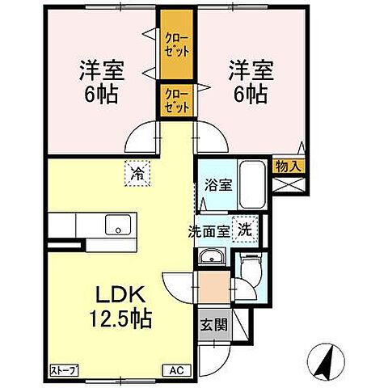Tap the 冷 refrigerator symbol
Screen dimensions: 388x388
click(x=138, y=172)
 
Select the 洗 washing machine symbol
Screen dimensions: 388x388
click(x=243, y=229)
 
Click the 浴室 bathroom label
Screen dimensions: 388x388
click(x=217, y=184)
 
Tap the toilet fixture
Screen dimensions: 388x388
click(x=251, y=266)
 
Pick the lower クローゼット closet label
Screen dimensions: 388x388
click(x=176, y=101)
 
